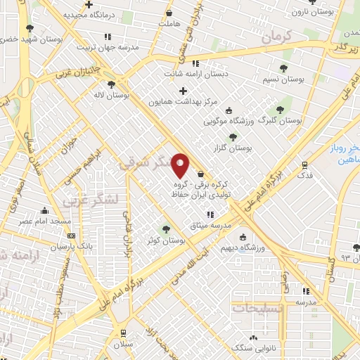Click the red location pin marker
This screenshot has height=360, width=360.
click(x=181, y=166)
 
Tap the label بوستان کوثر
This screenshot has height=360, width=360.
click(x=167, y=240)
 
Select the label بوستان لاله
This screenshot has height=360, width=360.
click(x=112, y=94)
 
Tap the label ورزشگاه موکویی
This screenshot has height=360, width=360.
click(x=229, y=120)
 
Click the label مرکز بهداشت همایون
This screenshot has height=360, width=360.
click(x=184, y=102)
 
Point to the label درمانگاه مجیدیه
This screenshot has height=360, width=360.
click(x=90, y=14)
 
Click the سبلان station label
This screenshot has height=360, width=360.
click(x=124, y=345)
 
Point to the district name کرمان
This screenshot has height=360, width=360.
click(x=276, y=39)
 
